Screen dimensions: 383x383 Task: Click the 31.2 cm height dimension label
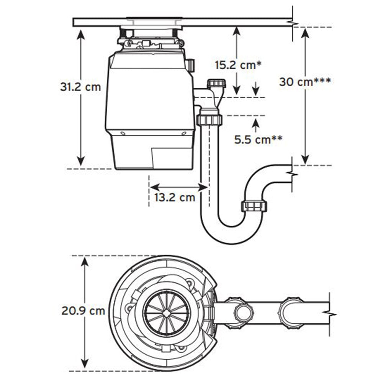[x=80, y=87]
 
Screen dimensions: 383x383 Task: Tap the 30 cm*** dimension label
[x=305, y=82]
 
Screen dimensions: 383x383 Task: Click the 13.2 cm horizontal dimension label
[x=175, y=198]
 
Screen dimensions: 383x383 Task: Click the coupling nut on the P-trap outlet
[x=254, y=206]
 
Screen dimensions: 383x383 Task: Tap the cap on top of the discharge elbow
[x=216, y=83]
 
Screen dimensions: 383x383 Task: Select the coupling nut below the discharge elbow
[x=210, y=120]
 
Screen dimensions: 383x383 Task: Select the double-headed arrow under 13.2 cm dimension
[x=178, y=187]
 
